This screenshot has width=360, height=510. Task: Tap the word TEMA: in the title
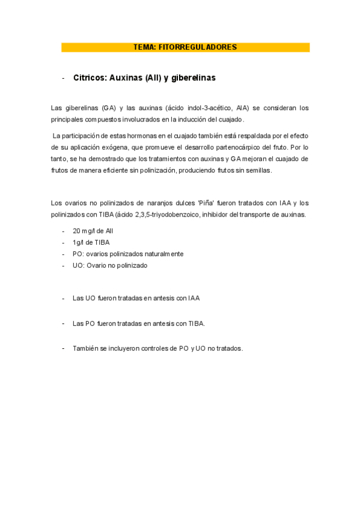tap(145, 47)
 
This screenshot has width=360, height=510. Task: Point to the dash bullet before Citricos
tap(63, 78)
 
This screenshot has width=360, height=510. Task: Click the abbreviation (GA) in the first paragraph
tap(109, 108)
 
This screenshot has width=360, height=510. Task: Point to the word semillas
tap(258, 170)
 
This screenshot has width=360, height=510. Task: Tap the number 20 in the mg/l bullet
tap(76, 231)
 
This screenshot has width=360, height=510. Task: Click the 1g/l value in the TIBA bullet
tap(78, 242)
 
